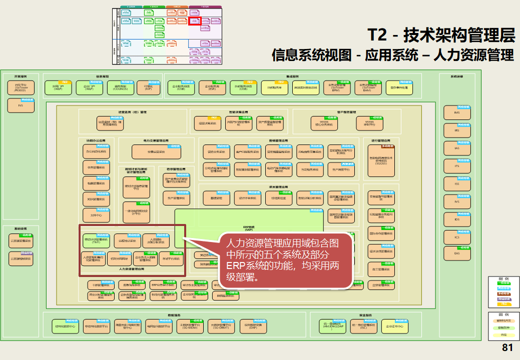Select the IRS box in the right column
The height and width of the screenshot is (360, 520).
(456, 131)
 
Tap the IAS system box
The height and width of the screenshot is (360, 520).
(456, 148)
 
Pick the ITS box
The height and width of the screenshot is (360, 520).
(456, 166)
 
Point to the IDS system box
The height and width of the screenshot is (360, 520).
(456, 219)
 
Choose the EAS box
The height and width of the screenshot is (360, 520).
(456, 253)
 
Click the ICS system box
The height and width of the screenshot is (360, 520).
(456, 237)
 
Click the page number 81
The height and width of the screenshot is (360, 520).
(508, 348)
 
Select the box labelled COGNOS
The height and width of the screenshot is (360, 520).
(120, 88)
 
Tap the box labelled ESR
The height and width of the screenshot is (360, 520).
(212, 88)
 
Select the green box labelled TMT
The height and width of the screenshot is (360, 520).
(96, 241)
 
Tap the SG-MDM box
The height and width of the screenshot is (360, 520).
(190, 326)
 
